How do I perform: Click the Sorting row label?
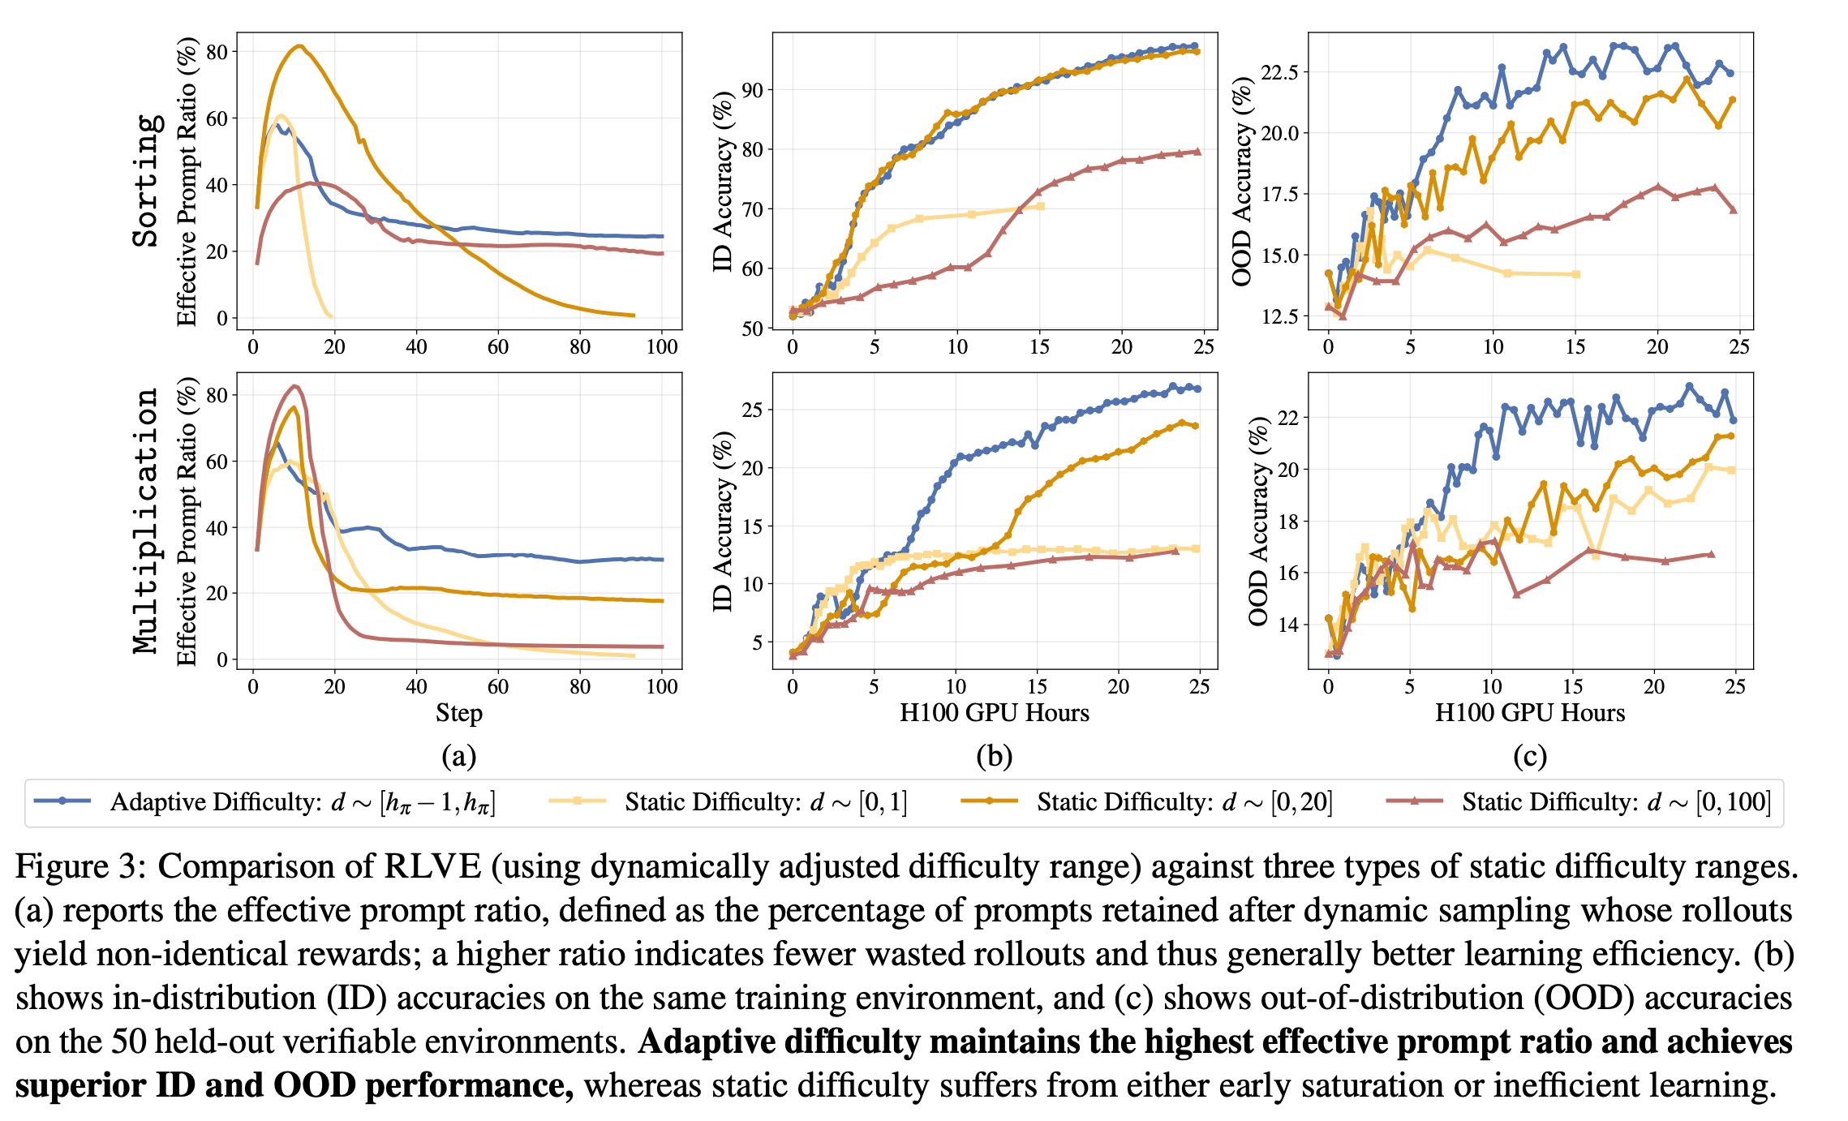tap(146, 180)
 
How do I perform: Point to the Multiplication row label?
tap(146, 520)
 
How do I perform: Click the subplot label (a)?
tap(458, 756)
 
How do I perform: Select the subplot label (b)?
tap(995, 756)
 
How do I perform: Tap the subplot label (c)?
tap(1530, 756)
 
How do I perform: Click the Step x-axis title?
tap(458, 713)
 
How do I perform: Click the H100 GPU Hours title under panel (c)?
tap(1530, 713)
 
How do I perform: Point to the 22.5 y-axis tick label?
tap(1279, 72)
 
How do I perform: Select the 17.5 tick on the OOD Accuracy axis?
tap(1279, 194)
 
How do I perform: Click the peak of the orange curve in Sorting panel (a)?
tap(299, 46)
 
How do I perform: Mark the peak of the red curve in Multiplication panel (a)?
tap(294, 386)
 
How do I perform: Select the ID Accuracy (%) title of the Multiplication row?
tap(723, 520)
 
